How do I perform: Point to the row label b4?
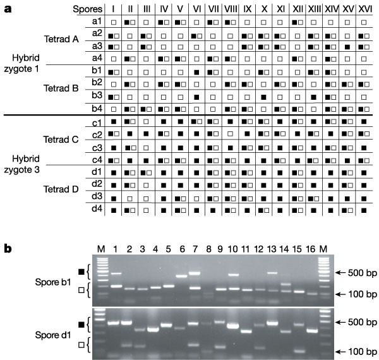(x=97, y=104)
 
